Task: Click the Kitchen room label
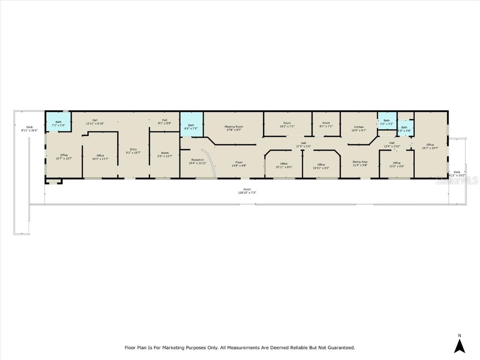359,127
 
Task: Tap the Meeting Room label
234,127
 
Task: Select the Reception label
197,160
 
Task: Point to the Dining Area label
360,162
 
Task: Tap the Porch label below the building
247,189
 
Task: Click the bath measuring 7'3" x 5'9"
58,124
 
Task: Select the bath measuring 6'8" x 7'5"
191,127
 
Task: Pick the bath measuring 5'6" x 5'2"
387,122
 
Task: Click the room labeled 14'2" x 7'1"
287,126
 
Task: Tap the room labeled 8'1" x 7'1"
326,126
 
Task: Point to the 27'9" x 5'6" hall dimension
303,146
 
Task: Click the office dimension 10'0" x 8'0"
397,166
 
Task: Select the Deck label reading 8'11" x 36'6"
29,130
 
